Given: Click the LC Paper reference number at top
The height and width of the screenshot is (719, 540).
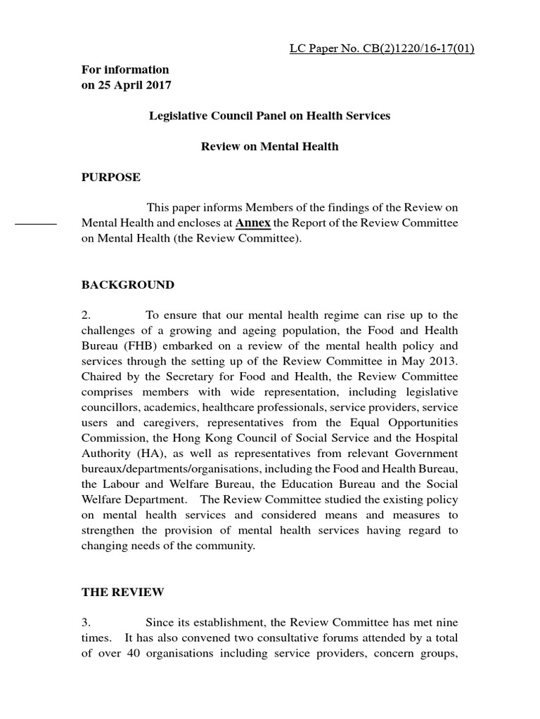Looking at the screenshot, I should point(382,48).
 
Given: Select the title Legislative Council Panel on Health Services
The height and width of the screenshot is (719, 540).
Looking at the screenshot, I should point(269,116).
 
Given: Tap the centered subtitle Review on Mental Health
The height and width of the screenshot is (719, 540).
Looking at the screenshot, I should point(269,146).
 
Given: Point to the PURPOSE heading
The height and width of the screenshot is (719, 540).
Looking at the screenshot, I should point(111,177).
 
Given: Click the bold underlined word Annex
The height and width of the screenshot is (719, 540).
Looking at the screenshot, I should point(253,223).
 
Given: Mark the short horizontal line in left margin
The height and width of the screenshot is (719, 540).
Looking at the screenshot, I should point(36,223).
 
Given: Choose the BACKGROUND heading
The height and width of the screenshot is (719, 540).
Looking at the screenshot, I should point(128,284).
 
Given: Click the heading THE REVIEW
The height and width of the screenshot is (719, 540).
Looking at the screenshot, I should point(123,591).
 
